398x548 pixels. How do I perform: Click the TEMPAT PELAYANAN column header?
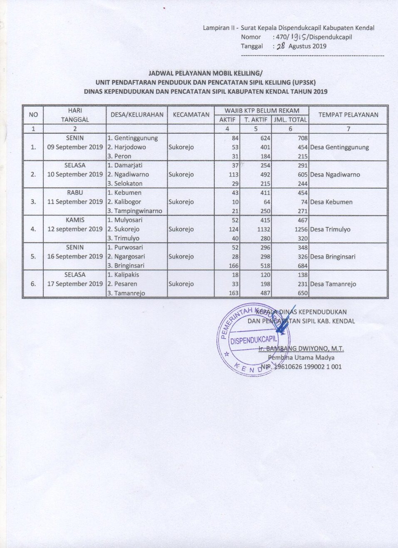coord(348,115)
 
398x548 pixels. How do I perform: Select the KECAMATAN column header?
coord(191,115)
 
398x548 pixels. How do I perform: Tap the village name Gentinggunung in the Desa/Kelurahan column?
coord(136,138)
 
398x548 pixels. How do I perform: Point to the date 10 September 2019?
coord(75,174)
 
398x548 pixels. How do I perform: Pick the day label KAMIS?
coord(75,220)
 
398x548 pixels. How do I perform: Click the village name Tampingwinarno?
coord(138,211)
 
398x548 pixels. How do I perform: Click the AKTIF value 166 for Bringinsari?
coord(234,266)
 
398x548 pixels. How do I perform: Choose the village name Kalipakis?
coord(127,275)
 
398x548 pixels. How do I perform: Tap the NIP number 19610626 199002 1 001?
coord(307,367)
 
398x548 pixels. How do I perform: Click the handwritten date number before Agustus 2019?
coord(281,46)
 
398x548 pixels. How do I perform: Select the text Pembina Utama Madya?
coord(301,357)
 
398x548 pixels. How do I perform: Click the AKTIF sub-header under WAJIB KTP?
coord(227,120)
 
